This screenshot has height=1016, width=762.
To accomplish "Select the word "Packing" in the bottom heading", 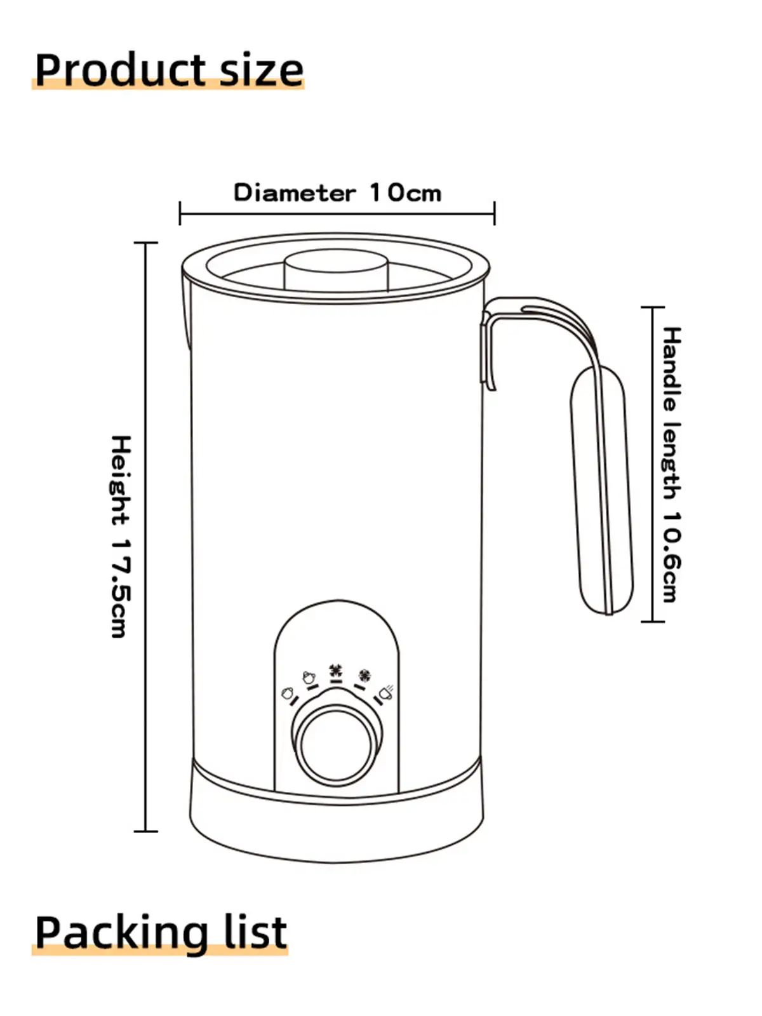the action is (x=121, y=932).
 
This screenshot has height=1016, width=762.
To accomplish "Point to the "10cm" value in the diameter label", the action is (x=405, y=192).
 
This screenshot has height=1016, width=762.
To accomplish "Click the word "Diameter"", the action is (x=295, y=192).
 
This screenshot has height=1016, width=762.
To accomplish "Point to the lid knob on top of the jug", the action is (x=337, y=269).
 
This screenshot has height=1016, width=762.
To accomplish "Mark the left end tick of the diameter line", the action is (x=180, y=213).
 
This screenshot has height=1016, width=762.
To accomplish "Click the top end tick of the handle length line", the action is (x=653, y=307).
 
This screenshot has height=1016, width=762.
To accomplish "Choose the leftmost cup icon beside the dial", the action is (x=287, y=693).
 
